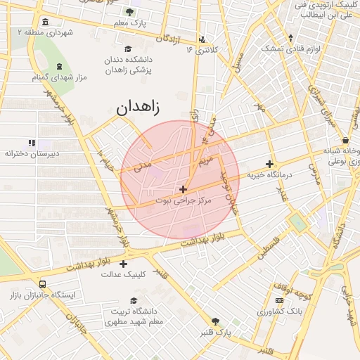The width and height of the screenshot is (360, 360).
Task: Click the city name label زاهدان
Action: tap(138, 108)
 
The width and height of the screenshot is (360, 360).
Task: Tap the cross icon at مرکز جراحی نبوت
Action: tap(184, 189)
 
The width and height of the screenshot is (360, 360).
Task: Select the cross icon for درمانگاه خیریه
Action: tap(270, 164)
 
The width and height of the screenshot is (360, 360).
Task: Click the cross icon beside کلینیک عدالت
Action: tap(124, 264)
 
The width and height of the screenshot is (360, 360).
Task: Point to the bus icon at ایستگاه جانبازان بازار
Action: tap(43, 285)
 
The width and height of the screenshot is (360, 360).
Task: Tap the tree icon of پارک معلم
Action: tap(129, 12)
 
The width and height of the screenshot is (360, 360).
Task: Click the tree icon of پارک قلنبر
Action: tap(216, 321)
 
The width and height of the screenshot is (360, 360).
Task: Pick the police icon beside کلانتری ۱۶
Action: tap(202, 39)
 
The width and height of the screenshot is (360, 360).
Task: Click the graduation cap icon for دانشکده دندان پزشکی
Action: tap(128, 49)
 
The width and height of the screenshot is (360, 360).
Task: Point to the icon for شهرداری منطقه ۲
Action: tap(46, 21)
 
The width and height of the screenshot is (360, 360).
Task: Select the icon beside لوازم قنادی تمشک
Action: tap(291, 38)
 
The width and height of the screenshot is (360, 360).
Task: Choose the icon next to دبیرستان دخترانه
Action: tap(30, 142)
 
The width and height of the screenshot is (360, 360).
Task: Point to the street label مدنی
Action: tap(143, 165)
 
